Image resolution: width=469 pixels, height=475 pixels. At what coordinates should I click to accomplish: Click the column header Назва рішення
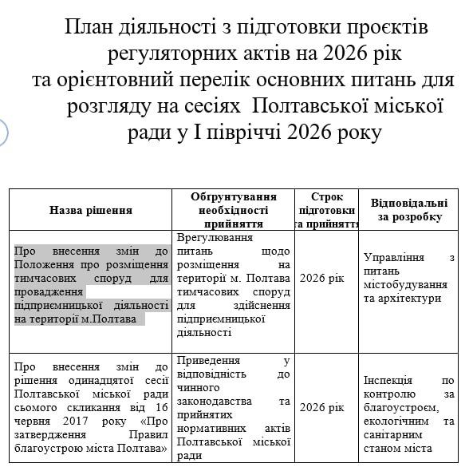click(x=91, y=211)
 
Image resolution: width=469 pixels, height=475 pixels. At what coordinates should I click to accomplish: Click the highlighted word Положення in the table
click(x=47, y=265)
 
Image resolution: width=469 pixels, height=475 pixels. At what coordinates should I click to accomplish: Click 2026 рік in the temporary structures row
click(x=321, y=278)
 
